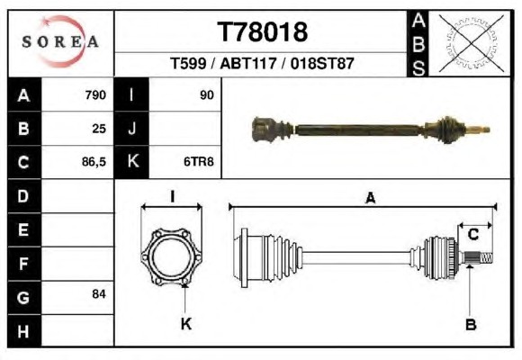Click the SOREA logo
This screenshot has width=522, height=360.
click(60, 41)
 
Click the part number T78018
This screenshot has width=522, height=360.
click(262, 32)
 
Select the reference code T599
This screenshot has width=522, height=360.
click(188, 63)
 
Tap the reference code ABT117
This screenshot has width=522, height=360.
click(248, 63)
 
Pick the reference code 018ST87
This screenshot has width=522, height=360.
click(322, 63)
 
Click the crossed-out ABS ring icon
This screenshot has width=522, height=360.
click(471, 43)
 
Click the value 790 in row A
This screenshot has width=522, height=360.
click(95, 95)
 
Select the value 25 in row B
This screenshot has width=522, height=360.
click(99, 129)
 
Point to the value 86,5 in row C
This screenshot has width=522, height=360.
click(94, 162)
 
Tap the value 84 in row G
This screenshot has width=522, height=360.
click(99, 294)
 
